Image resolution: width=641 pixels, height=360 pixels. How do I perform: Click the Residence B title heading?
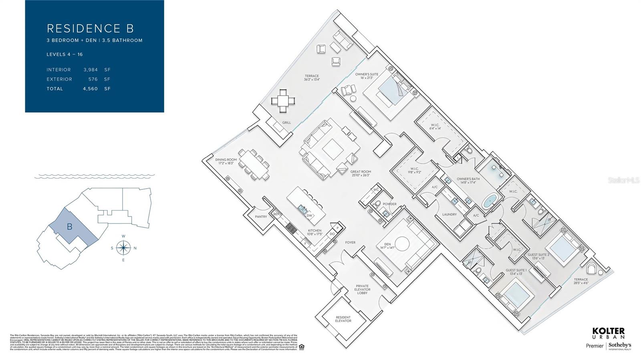90,28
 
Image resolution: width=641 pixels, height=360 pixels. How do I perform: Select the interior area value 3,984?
91,70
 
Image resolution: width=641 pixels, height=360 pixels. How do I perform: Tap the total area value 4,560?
91,89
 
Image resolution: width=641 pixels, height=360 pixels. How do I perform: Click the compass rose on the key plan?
124,248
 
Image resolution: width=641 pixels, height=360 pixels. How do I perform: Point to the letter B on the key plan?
69,227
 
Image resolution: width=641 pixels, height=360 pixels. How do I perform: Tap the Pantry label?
261,217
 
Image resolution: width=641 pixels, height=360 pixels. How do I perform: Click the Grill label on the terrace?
286,123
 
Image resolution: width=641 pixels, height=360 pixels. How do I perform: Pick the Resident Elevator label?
343,319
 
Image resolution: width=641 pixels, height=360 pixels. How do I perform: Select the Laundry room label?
449,214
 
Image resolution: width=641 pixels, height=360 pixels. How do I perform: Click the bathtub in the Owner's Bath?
488,201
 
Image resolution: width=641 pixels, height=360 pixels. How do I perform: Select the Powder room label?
389,204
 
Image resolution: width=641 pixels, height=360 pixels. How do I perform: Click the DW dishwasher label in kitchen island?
309,216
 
